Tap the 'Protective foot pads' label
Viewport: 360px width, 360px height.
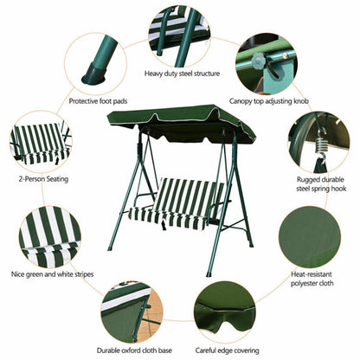pos(99,100)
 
